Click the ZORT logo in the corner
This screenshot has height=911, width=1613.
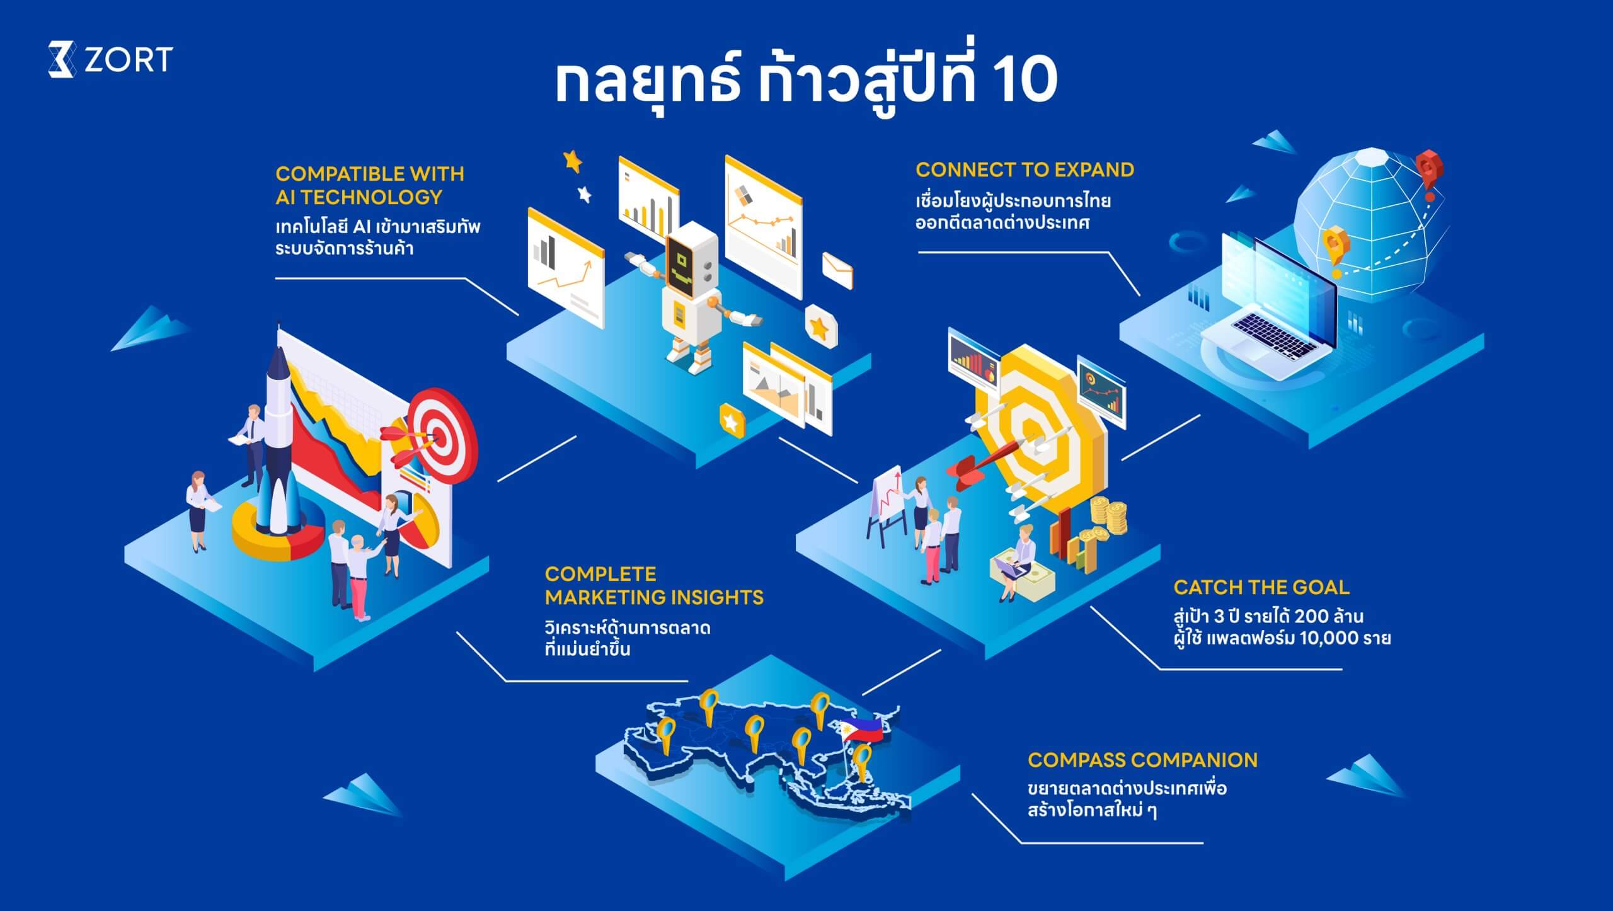coord(110,60)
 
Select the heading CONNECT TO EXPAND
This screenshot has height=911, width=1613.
coord(1025,169)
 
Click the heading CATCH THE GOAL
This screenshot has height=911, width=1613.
coord(1261,587)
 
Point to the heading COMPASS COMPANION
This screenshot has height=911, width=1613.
coord(1142,760)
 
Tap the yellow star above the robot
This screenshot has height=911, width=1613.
coord(573,161)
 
